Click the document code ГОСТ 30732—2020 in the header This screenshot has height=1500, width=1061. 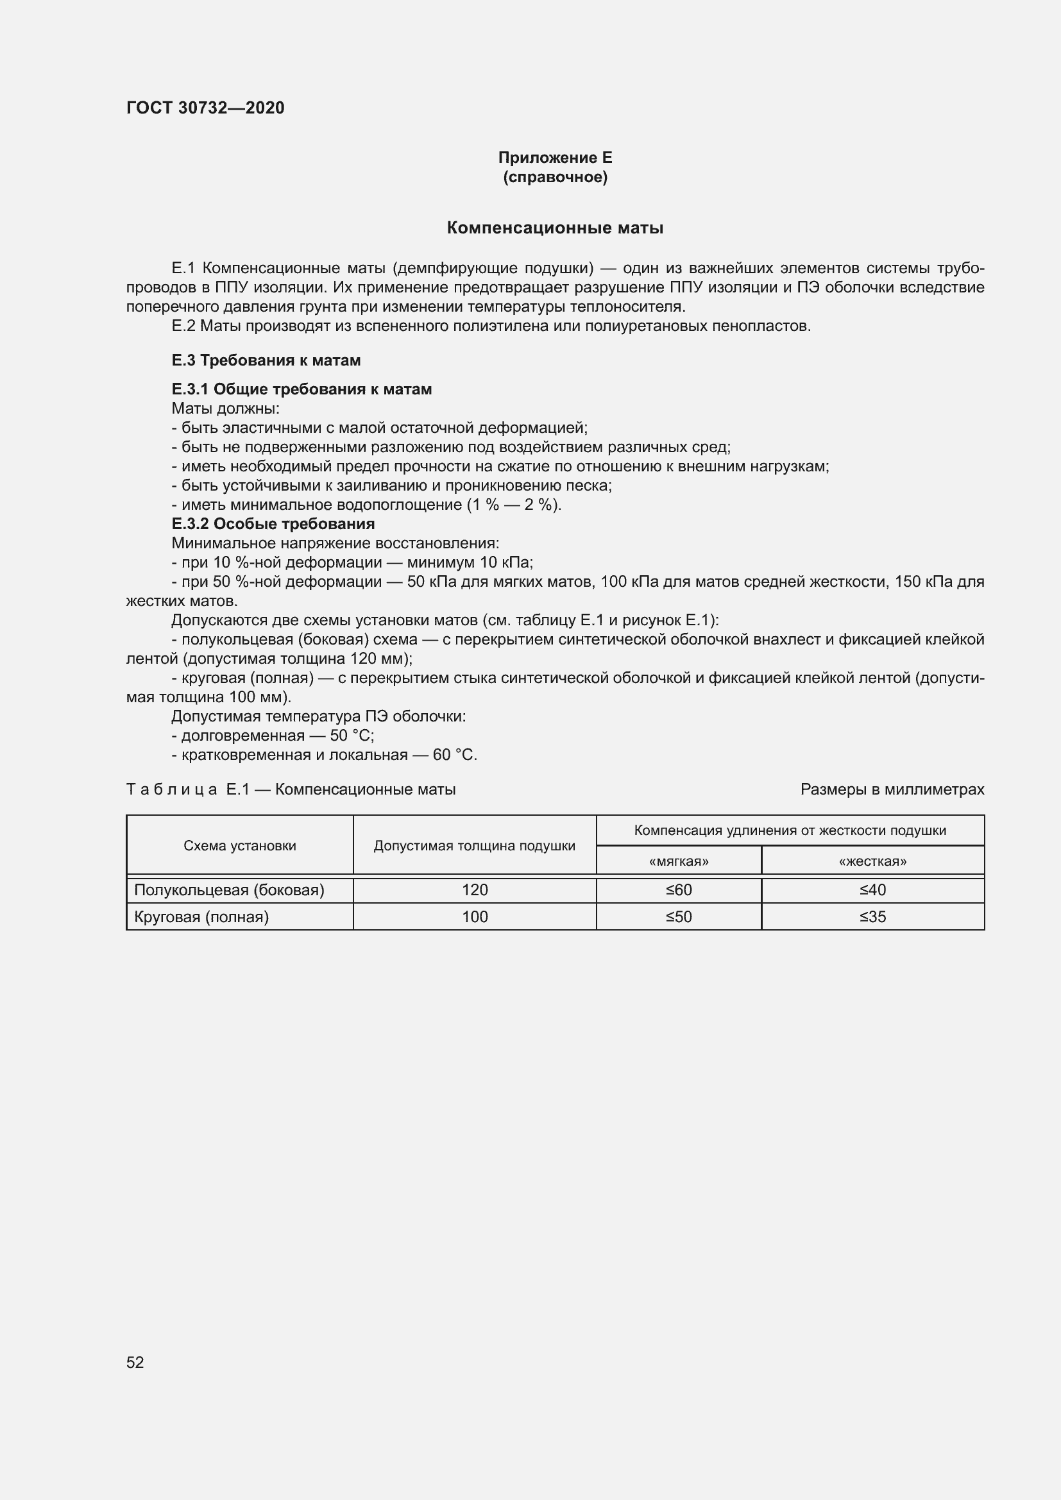[205, 108]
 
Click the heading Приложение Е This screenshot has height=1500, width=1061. [555, 158]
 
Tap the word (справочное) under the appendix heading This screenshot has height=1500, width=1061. [555, 177]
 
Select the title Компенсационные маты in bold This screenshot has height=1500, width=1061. [555, 228]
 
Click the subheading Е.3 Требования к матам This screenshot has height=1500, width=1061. [266, 360]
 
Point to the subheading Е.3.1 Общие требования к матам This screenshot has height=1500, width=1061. [301, 389]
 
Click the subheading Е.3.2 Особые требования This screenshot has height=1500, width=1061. [273, 524]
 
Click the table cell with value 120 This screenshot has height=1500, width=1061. [474, 890]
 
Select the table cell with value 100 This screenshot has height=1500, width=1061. [474, 916]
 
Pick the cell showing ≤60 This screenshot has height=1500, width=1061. [678, 890]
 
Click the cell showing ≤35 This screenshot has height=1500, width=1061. [872, 916]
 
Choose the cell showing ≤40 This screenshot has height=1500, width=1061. [872, 890]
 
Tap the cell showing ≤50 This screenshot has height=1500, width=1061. [678, 916]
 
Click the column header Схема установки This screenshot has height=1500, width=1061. [240, 846]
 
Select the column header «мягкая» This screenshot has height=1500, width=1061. [678, 861]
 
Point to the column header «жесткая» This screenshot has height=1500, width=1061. [872, 861]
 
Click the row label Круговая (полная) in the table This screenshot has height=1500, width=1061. [201, 916]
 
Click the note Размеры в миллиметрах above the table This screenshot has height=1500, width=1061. [892, 789]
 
